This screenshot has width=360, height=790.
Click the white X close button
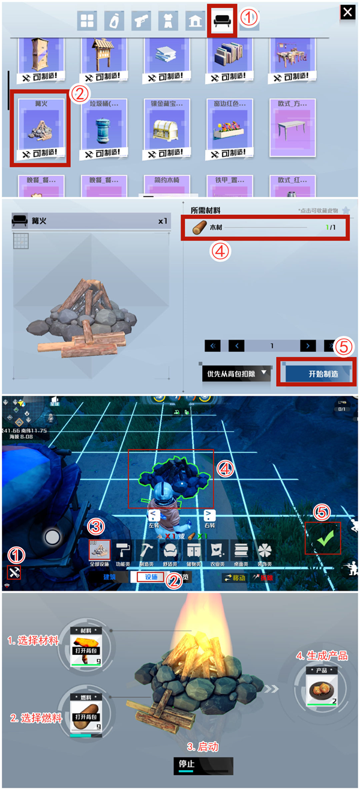347,12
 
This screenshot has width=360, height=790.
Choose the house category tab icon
195,22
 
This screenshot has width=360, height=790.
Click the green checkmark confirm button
323,538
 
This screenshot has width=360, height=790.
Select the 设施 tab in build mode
151,577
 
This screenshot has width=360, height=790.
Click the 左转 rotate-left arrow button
154,516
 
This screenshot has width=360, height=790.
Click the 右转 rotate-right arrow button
209,516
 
